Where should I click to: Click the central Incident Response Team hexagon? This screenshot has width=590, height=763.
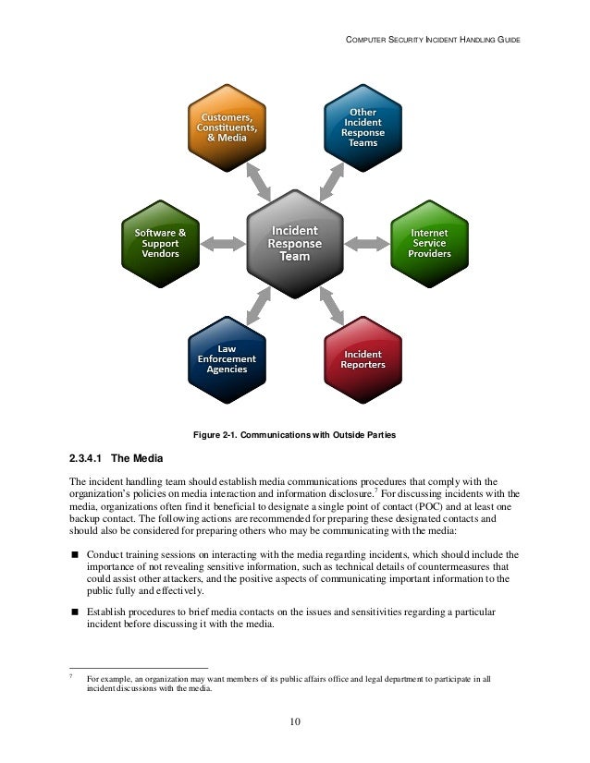point(295,243)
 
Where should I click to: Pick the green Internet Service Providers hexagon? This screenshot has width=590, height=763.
point(428,242)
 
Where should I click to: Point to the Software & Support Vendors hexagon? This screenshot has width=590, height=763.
point(160,242)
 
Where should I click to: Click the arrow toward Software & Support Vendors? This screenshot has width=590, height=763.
point(221,243)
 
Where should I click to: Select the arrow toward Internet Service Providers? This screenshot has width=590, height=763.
point(367,243)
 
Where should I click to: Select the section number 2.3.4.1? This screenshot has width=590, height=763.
point(89,457)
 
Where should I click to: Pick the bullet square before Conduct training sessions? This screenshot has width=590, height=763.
point(75,554)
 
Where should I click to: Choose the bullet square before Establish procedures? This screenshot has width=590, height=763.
point(75,612)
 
